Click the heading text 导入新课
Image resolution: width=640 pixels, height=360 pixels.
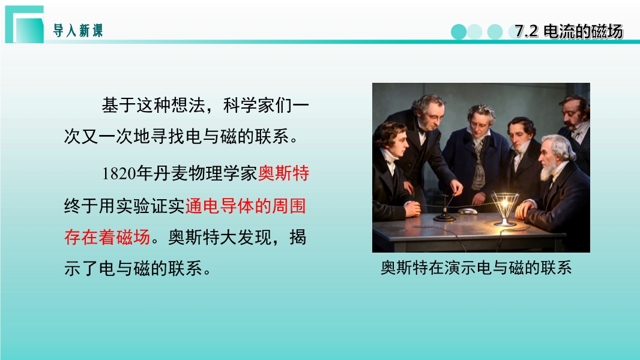(x=78, y=31)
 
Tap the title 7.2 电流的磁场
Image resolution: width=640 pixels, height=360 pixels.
(x=569, y=31)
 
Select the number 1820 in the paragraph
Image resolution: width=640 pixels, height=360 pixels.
(x=118, y=173)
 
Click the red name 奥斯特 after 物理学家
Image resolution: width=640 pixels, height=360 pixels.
(x=283, y=173)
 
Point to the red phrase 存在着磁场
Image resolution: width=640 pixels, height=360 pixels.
(x=107, y=237)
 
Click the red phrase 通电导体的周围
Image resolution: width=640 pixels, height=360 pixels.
(x=246, y=205)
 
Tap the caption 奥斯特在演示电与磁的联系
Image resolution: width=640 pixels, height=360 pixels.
(x=476, y=268)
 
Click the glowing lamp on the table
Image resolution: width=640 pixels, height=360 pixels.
(x=505, y=209)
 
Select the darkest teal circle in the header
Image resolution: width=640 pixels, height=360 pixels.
(x=458, y=32)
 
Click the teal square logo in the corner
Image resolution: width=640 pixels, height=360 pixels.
(x=25, y=24)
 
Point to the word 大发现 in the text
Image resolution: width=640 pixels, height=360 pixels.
(x=246, y=237)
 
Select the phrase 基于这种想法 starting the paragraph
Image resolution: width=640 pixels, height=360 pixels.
(x=154, y=106)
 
